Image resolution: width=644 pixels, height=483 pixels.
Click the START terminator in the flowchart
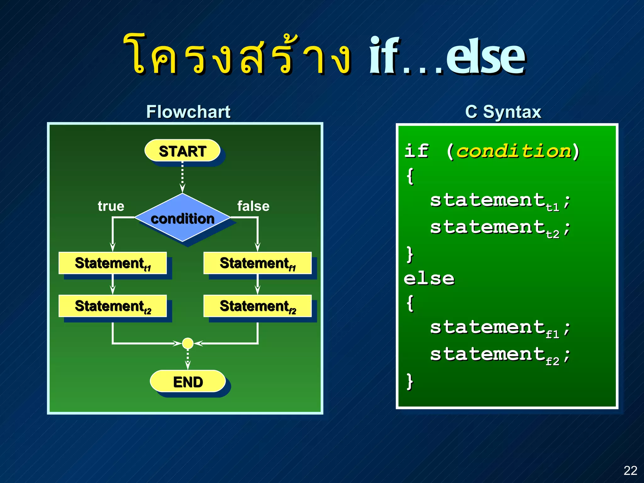(x=182, y=151)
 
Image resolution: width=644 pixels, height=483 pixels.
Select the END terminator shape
(x=188, y=382)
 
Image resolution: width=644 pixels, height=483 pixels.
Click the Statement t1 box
(x=113, y=263)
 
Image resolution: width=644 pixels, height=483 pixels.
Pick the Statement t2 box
(x=113, y=306)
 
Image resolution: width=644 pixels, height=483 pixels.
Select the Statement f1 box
(x=257, y=263)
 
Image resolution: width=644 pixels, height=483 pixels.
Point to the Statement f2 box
(x=257, y=306)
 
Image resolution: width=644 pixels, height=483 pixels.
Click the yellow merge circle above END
(x=188, y=343)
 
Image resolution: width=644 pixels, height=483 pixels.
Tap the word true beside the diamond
(x=111, y=206)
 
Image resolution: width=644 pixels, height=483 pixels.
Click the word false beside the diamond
(x=253, y=206)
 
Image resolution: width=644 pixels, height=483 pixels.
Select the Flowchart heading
(x=188, y=112)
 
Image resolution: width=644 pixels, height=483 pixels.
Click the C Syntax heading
(x=503, y=112)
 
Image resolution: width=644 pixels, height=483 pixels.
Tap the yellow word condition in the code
(x=513, y=151)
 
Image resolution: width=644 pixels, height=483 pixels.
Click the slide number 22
(x=630, y=470)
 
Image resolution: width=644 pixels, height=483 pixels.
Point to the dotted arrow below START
(x=182, y=176)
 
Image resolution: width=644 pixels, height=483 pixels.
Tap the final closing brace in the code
(x=409, y=382)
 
